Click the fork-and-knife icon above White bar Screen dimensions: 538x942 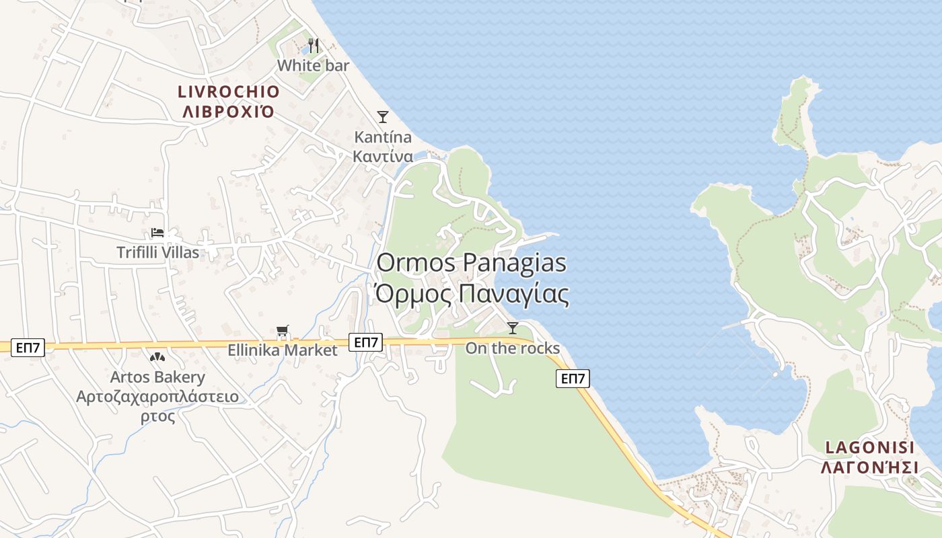click(x=314, y=46)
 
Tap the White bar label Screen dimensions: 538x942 click(x=314, y=65)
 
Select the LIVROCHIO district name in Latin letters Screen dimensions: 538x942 click(x=228, y=91)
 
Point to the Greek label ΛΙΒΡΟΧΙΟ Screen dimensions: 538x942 click(x=228, y=112)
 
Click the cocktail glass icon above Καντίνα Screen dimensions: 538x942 click(x=383, y=117)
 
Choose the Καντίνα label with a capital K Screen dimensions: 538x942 click(x=383, y=137)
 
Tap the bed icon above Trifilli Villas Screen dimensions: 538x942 click(x=157, y=233)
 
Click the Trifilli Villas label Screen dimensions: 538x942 click(x=158, y=252)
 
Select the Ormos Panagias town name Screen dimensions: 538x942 click(x=471, y=263)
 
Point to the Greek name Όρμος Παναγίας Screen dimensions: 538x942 click(x=471, y=294)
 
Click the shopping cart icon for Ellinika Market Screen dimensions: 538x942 click(x=283, y=331)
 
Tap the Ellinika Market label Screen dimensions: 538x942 click(x=283, y=350)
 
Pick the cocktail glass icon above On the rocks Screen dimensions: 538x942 click(x=513, y=328)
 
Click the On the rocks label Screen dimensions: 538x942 click(x=513, y=348)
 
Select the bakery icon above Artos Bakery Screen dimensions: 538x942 click(x=157, y=357)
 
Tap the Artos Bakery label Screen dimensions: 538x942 click(x=157, y=377)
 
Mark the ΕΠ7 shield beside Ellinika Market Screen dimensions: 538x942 click(x=366, y=342)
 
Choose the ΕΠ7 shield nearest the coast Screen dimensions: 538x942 click(x=573, y=379)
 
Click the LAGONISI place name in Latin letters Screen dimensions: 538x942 click(x=869, y=447)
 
